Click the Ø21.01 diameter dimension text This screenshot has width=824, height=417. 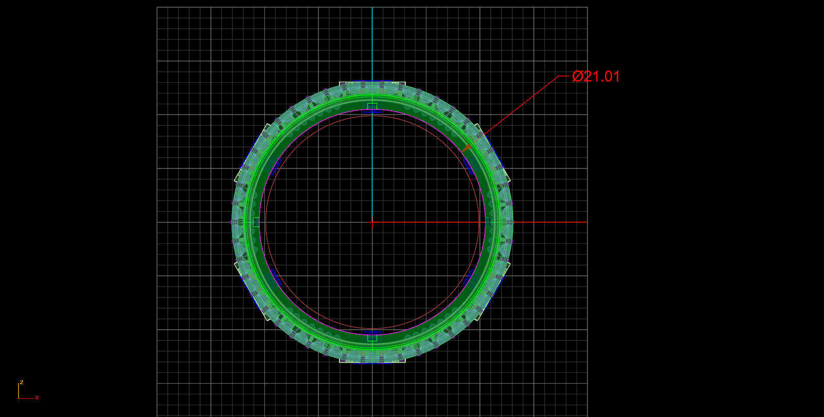click(596, 77)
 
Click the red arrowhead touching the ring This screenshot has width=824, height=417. click(467, 147)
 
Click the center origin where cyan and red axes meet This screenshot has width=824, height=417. click(372, 222)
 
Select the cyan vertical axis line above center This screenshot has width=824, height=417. click(372, 51)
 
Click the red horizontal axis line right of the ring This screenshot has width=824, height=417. click(550, 222)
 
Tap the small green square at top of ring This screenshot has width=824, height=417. click(372, 107)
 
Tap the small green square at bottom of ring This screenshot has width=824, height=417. click(372, 337)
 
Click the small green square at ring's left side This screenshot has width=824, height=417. click(256, 222)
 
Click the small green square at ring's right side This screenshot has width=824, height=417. click(488, 222)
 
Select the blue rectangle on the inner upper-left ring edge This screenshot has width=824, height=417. click(275, 166)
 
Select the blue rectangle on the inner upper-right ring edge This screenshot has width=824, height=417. click(469, 166)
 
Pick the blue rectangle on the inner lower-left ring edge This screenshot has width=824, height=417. click(275, 278)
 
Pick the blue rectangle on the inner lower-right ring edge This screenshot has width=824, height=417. click(469, 278)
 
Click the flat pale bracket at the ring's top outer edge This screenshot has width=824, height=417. click(372, 83)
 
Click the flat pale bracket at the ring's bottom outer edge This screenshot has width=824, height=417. click(372, 361)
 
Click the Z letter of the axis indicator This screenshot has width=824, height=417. click(22, 382)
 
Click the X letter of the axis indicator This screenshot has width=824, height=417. click(37, 397)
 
